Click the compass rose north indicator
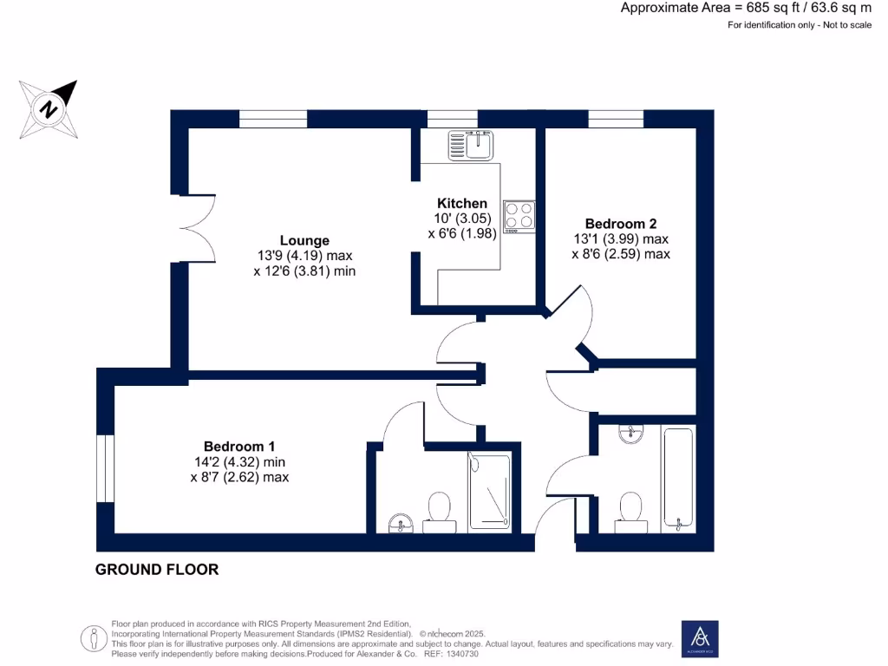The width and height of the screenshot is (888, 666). point(49,109)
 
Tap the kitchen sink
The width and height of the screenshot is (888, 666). point(471,144)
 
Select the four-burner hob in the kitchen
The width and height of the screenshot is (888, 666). point(519,216)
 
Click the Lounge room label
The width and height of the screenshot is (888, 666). point(304,240)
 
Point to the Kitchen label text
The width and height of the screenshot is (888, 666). point(461,204)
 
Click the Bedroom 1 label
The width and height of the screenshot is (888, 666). point(239,446)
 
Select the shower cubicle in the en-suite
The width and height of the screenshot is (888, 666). point(490,490)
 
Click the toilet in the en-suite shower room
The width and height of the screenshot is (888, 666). point(438,509)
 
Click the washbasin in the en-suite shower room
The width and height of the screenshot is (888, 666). point(400,522)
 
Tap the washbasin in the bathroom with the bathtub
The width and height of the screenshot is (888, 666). point(631,433)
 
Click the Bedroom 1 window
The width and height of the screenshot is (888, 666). point(105,468)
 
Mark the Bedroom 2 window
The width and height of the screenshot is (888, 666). point(616,120)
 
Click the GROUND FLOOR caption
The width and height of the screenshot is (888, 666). point(157,570)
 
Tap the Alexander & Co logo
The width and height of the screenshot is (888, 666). point(700,638)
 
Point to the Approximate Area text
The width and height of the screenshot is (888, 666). point(746,8)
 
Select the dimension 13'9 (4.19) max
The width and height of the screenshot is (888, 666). point(304,256)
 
